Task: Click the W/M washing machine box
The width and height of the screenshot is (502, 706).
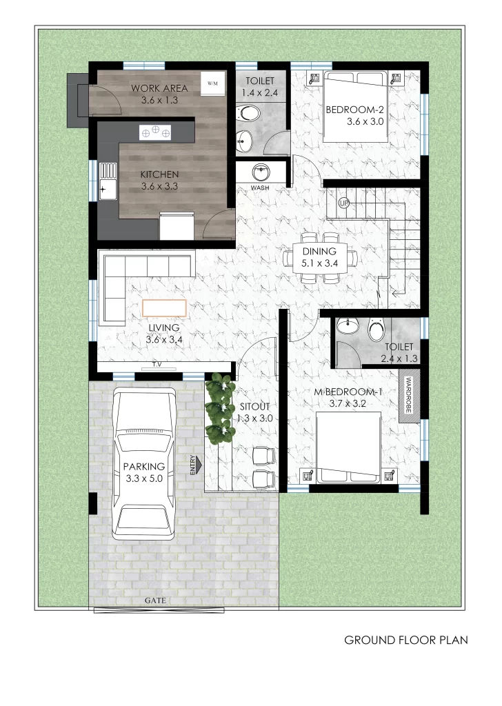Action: pos(212,83)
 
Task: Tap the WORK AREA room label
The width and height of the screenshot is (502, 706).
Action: pos(159,88)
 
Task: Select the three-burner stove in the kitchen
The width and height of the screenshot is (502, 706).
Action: pos(155,132)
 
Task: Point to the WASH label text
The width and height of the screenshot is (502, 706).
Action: pos(260,188)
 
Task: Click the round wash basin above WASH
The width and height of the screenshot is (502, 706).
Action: pos(261,172)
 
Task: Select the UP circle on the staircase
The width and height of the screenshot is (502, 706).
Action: pos(344,203)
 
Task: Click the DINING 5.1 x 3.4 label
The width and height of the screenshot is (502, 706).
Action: pos(319,257)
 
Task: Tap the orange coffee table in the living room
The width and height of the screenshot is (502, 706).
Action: pos(164,308)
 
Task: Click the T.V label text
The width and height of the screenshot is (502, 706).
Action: pos(157,364)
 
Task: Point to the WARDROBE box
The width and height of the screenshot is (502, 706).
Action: pos(409,396)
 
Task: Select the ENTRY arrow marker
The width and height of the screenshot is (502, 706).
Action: pos(195,465)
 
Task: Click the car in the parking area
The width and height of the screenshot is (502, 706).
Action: pos(144,464)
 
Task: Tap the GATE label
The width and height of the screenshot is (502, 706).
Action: pos(155,601)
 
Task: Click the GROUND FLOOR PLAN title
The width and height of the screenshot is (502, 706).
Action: pos(406,640)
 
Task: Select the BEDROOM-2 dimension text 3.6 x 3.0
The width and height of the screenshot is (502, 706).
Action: pos(365,121)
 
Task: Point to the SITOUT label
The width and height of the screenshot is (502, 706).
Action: pos(255,407)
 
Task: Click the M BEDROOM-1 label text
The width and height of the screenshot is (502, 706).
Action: pos(348,392)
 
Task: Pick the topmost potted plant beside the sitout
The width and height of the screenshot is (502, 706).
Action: pos(221,385)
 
